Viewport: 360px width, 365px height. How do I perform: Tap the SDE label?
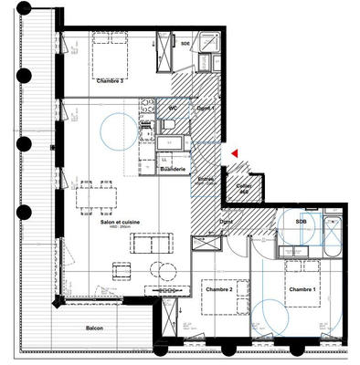(185, 43)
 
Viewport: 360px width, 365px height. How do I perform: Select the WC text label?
(172, 108)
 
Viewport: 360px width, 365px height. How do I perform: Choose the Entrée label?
(206, 180)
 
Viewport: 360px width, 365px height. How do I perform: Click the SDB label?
(302, 222)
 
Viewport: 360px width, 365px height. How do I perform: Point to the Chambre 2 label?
(219, 289)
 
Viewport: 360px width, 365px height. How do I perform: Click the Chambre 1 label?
(302, 289)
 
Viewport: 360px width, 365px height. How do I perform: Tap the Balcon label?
(94, 328)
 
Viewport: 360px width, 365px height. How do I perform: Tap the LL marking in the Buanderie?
(164, 158)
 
